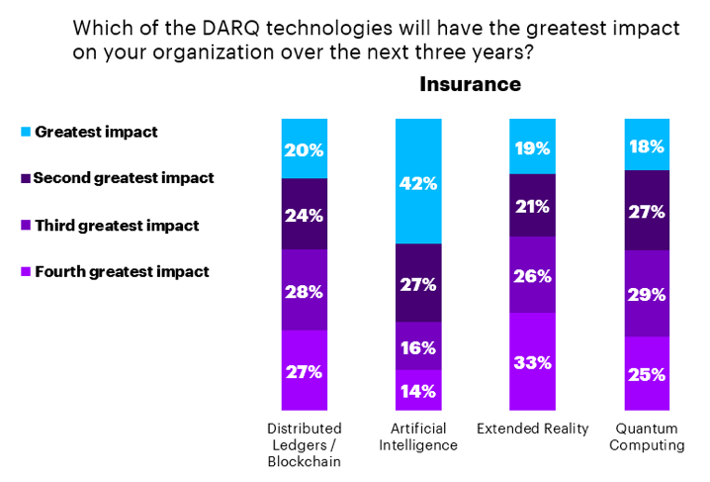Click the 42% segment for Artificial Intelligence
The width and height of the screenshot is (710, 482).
tap(417, 182)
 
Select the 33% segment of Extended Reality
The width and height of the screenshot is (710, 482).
tap(532, 361)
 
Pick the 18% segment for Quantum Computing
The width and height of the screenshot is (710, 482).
tap(646, 145)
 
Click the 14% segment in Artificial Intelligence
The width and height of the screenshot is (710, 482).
tap(417, 390)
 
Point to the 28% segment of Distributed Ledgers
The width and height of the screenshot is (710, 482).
tap(304, 290)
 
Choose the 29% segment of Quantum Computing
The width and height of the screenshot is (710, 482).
tap(646, 294)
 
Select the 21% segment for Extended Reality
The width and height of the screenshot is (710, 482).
tap(532, 205)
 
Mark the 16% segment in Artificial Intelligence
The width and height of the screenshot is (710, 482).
tap(417, 347)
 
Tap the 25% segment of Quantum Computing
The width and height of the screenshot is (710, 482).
tap(646, 373)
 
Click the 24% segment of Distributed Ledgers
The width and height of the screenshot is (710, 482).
tap(304, 214)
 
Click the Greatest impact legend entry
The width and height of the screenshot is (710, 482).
tap(96, 132)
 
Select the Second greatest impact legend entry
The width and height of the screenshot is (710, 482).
tap(123, 178)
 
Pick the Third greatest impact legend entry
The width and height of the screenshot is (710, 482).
tap(116, 225)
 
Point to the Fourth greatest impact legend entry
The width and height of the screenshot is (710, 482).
tap(121, 271)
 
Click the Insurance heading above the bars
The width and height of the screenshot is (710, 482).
tap(470, 84)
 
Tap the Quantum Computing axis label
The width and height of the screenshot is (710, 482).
tap(647, 436)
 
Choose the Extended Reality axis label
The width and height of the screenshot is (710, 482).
tap(532, 429)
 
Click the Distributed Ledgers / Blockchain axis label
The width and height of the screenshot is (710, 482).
tap(305, 444)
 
